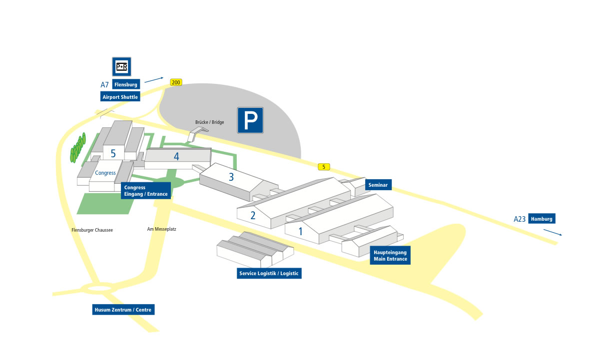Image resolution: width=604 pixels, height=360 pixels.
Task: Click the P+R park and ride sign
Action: click(x=121, y=66)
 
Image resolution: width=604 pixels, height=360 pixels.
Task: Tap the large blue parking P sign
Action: click(x=250, y=120)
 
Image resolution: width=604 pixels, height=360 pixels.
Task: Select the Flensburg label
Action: click(x=125, y=84)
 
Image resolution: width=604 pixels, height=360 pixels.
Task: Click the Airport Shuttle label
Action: click(x=120, y=97)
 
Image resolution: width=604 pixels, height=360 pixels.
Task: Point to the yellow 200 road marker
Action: click(x=176, y=82)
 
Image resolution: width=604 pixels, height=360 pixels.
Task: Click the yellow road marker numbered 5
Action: click(x=324, y=167)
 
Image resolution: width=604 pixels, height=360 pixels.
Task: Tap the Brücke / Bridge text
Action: click(x=209, y=122)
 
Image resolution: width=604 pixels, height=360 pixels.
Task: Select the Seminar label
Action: click(x=378, y=185)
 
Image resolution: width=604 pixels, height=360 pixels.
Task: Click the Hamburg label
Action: click(x=542, y=219)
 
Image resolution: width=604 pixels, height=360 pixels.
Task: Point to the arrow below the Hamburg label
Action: click(x=553, y=232)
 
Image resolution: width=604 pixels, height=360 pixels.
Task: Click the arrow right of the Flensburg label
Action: click(x=154, y=79)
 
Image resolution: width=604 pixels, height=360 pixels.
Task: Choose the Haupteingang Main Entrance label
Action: click(x=390, y=256)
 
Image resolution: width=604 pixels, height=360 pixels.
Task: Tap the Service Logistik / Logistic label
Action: click(x=269, y=273)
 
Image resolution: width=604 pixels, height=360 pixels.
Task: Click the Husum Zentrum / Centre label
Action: click(x=123, y=310)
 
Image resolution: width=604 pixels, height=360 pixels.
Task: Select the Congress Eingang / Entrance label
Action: click(x=146, y=191)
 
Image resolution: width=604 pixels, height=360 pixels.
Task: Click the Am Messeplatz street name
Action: click(x=161, y=230)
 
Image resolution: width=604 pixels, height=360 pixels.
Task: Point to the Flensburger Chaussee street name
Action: click(x=92, y=230)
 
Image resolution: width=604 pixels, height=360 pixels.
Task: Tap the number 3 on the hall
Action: click(x=231, y=177)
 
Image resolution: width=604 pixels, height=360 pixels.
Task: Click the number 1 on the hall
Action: click(x=301, y=231)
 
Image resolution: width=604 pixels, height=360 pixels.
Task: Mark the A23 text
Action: click(x=520, y=219)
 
